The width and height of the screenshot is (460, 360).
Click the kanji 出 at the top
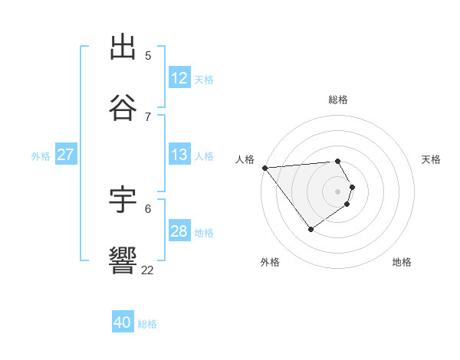[123, 47]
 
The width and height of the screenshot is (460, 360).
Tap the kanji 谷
[123, 108]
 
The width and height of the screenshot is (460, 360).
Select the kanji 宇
[123, 200]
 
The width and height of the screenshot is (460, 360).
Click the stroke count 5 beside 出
[148, 56]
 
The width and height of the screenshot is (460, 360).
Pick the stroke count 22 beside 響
[148, 270]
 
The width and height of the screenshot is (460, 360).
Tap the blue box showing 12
[179, 78]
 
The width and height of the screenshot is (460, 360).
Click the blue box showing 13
[179, 155]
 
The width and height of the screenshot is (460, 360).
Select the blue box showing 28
[179, 231]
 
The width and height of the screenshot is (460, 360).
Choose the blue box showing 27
[65, 155]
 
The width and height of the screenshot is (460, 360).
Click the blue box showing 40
[123, 323]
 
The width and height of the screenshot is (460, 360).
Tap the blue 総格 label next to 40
[147, 324]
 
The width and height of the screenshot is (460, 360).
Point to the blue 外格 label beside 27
[41, 155]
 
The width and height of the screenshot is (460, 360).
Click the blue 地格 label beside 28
[204, 232]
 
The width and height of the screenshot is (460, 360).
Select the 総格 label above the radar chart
[338, 100]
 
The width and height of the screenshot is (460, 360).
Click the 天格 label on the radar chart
[432, 159]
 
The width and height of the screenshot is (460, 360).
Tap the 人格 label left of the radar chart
[245, 159]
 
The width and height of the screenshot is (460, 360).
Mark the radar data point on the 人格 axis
[264, 168]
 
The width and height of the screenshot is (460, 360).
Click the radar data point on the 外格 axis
[310, 229]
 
